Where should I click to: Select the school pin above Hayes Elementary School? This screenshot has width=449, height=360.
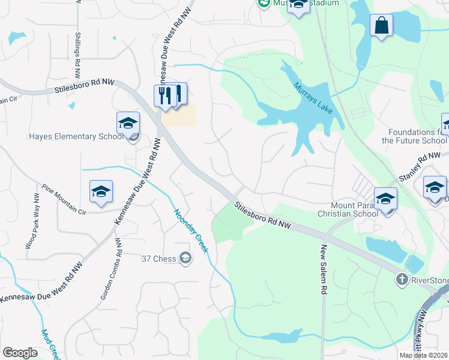[x=128, y=124]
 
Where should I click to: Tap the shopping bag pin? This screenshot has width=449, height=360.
[x=381, y=26]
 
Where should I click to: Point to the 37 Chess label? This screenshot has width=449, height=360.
[x=158, y=259]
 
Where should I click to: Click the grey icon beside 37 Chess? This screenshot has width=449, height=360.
[x=185, y=259]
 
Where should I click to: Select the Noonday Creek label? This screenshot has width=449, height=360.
[x=190, y=230]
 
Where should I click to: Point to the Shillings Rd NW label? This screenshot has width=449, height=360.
[x=77, y=55]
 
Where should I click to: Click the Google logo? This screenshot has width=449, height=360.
[x=20, y=353]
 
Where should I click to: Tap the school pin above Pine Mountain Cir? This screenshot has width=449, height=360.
[x=101, y=192]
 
